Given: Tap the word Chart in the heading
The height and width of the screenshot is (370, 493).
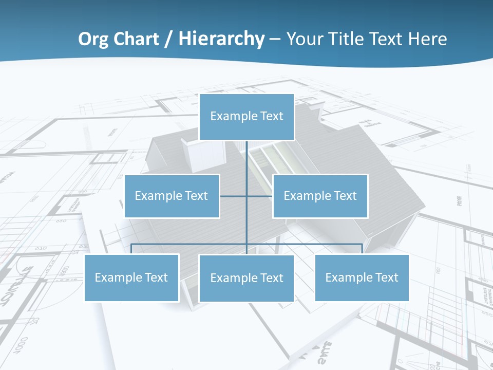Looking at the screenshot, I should (135, 39).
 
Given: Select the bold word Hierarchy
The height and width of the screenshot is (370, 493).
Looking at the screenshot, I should (221, 39).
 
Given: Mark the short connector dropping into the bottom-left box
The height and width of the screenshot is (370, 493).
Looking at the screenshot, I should (131, 249).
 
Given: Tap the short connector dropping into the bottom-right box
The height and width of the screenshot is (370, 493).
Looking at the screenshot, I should (362, 249).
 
